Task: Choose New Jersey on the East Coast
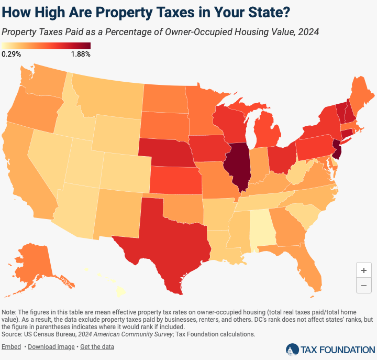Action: pos(338,152)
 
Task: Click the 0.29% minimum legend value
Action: pos(11,54)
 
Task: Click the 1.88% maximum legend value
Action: pos(81,54)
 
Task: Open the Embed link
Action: pos(12,347)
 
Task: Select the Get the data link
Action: pos(97,347)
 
